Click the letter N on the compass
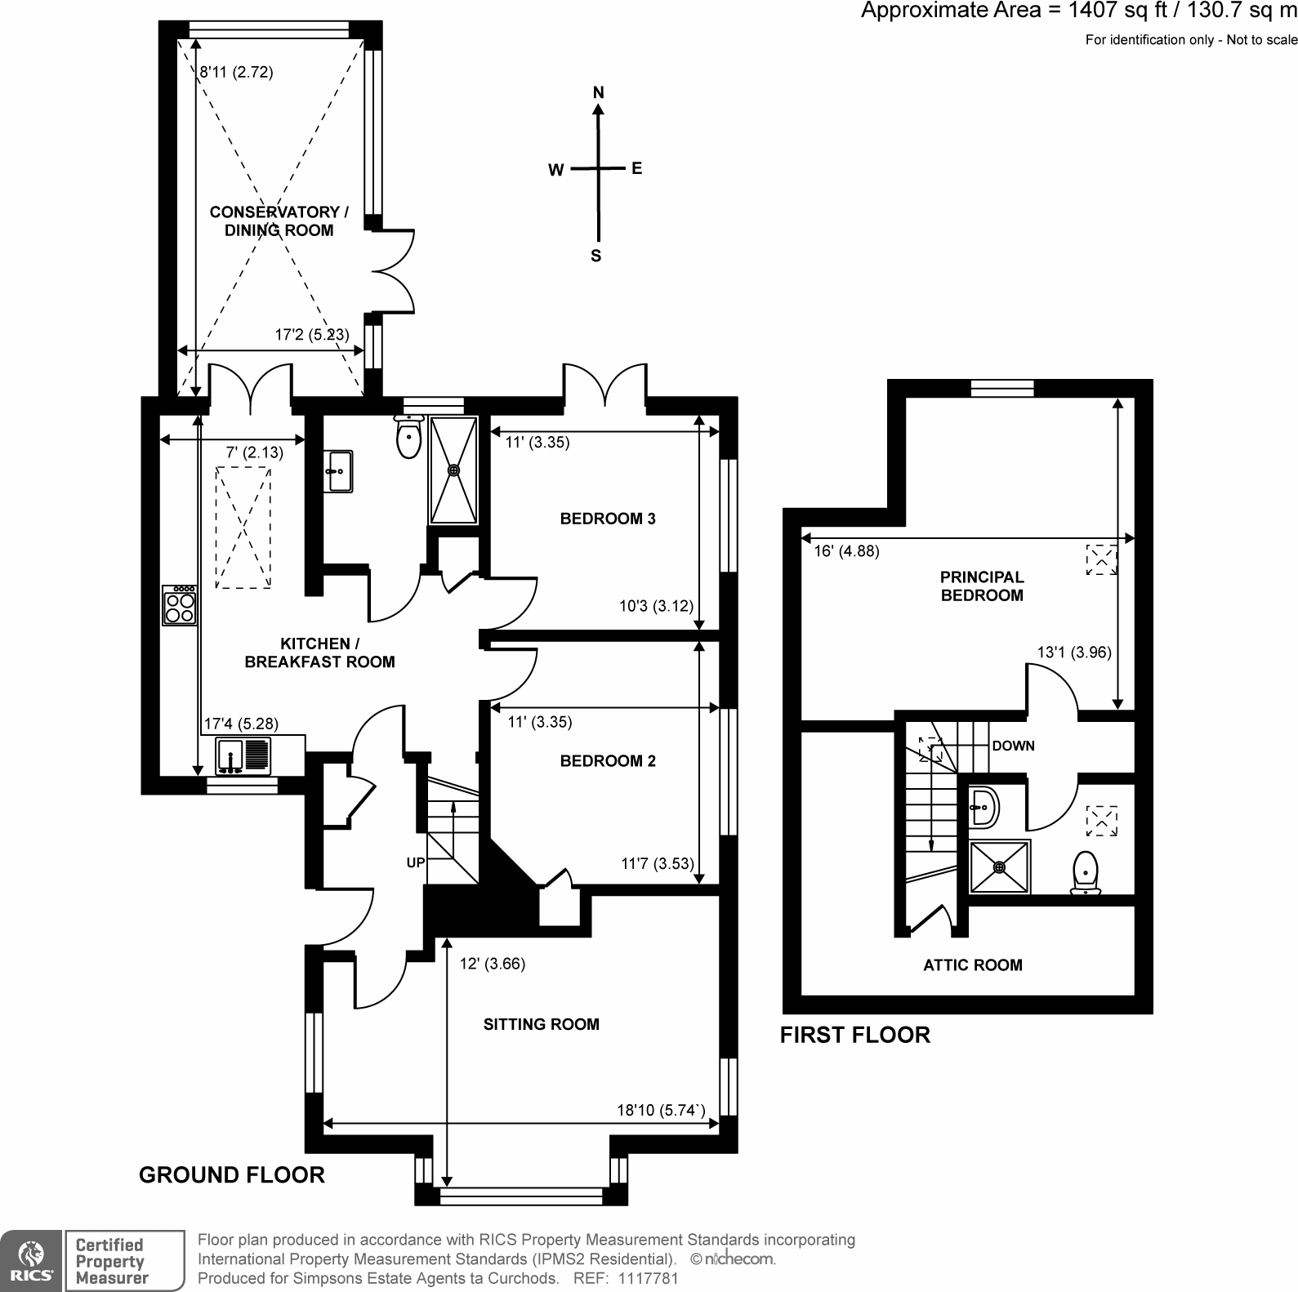(x=598, y=93)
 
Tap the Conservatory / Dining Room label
(x=279, y=221)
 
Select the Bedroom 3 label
(x=608, y=519)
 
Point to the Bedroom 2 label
(x=608, y=761)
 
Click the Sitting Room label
(x=541, y=1024)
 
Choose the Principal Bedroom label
(x=982, y=586)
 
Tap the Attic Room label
(x=972, y=965)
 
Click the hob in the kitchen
(x=181, y=605)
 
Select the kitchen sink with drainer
(x=243, y=755)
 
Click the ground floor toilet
(x=408, y=438)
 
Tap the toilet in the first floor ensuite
(x=1085, y=873)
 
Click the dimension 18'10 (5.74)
(x=660, y=1110)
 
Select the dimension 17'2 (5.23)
(x=311, y=335)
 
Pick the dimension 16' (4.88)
(x=846, y=551)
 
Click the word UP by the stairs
(x=416, y=862)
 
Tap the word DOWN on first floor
(x=1013, y=746)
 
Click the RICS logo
(x=31, y=1261)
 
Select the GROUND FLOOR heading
(x=232, y=1175)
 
